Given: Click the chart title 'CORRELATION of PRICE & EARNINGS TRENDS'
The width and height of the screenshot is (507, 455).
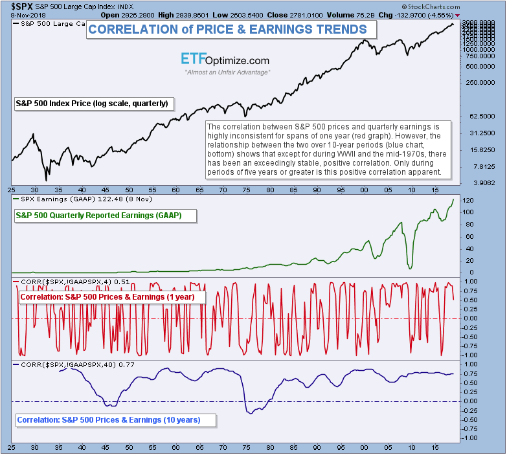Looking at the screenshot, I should coord(227,29).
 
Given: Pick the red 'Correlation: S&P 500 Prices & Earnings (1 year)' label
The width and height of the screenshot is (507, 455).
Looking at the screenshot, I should coord(111,297).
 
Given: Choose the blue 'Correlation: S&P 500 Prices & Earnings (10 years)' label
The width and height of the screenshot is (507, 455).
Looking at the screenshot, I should coord(109,420).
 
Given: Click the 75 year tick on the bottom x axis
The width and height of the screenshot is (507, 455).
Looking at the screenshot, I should coord(245,447).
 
